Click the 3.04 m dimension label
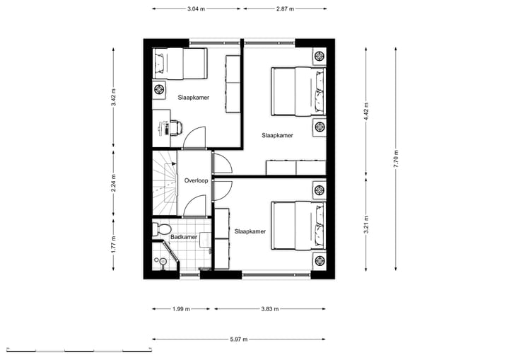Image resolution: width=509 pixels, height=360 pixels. pyautogui.click(x=197, y=9)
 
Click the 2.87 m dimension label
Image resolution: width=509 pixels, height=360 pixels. pyautogui.click(x=285, y=9)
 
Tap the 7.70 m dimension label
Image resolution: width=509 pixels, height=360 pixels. pyautogui.click(x=397, y=158)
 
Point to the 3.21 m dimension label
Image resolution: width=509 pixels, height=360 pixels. pyautogui.click(x=365, y=223)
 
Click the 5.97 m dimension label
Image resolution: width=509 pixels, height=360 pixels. pyautogui.click(x=239, y=339)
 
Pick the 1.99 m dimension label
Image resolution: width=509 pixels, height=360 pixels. pyautogui.click(x=181, y=309)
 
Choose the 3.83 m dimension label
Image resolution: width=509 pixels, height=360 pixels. pyautogui.click(x=269, y=309)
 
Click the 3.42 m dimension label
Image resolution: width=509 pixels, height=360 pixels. pyautogui.click(x=113, y=99)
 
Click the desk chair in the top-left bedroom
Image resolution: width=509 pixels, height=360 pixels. pyautogui.click(x=174, y=127)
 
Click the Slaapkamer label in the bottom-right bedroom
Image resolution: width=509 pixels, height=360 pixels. pyautogui.click(x=250, y=231)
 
